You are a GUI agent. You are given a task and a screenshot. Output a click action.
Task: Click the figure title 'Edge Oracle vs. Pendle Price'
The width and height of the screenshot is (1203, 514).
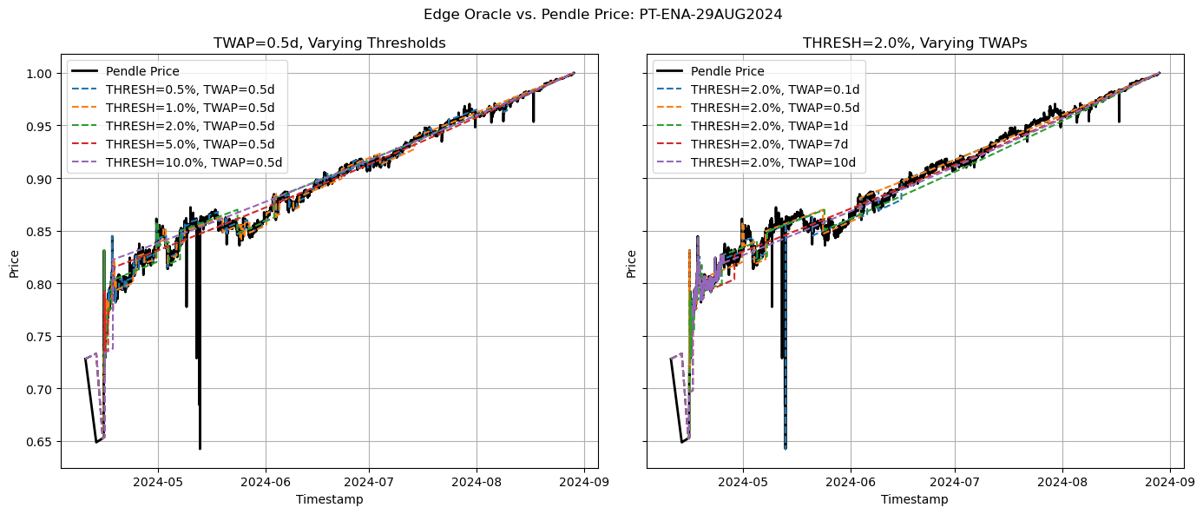(x=601, y=14)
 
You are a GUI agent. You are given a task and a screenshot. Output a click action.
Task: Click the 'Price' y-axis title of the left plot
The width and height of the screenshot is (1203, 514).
(x=15, y=264)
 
